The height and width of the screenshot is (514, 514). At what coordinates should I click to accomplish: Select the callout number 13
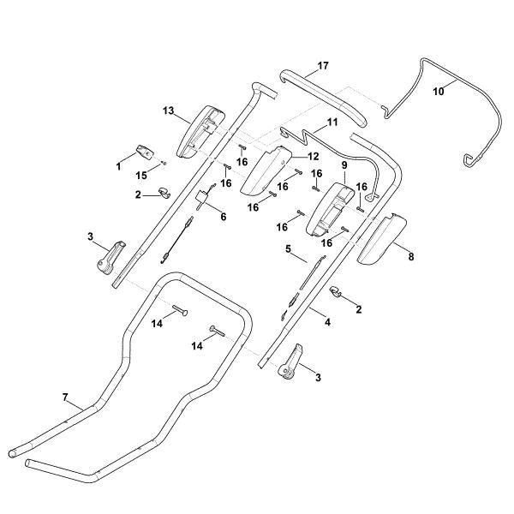coord(168,111)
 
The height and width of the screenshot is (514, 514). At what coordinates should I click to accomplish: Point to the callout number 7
coord(64,398)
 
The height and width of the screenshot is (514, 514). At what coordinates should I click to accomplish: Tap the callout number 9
coord(344,164)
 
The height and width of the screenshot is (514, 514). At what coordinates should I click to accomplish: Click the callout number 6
coord(223,218)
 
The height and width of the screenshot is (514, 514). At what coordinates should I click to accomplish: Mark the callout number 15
coord(143,175)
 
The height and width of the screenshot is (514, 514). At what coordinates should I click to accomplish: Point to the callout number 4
coord(327,322)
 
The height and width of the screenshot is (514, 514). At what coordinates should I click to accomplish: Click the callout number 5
coord(290,249)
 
